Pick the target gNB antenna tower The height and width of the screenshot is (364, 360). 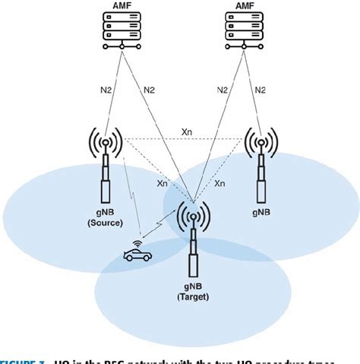pos(193,236)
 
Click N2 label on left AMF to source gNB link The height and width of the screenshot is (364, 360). pos(98,89)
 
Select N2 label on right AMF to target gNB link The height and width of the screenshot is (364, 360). pos(222,89)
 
